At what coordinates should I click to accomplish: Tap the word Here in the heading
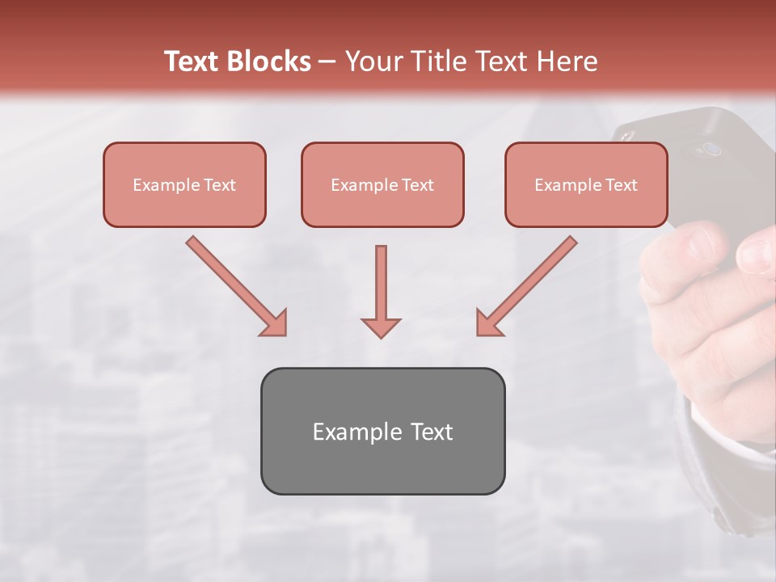pyautogui.click(x=567, y=61)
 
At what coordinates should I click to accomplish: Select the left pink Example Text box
pyautogui.click(x=184, y=184)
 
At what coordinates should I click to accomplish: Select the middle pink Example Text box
pyautogui.click(x=382, y=184)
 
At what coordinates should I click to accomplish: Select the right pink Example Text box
pyautogui.click(x=586, y=184)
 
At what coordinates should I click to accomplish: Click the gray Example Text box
pyautogui.click(x=382, y=431)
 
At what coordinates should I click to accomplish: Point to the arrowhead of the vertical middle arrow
pyautogui.click(x=381, y=327)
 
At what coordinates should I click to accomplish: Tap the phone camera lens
pyautogui.click(x=711, y=149)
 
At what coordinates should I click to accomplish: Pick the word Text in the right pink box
pyautogui.click(x=622, y=185)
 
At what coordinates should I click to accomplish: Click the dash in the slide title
pyautogui.click(x=327, y=61)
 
